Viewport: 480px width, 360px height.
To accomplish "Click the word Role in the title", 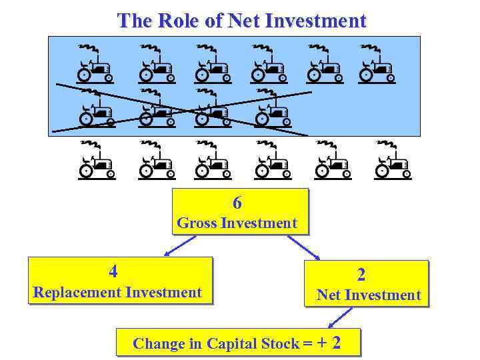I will pyautogui.click(x=179, y=21).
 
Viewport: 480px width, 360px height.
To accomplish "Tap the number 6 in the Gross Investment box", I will pyautogui.click(x=237, y=203).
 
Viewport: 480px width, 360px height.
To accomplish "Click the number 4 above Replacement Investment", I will pyautogui.click(x=113, y=271).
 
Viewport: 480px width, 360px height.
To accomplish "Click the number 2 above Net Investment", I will pyautogui.click(x=361, y=275).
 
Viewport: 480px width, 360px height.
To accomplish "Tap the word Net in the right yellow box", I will pyautogui.click(x=329, y=295).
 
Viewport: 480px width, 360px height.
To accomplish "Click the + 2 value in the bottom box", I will pyautogui.click(x=329, y=343).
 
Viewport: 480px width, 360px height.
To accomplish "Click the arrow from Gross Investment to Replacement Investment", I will pyautogui.click(x=180, y=246).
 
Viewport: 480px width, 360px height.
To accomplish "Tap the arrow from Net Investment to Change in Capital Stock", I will pyautogui.click(x=340, y=317).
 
